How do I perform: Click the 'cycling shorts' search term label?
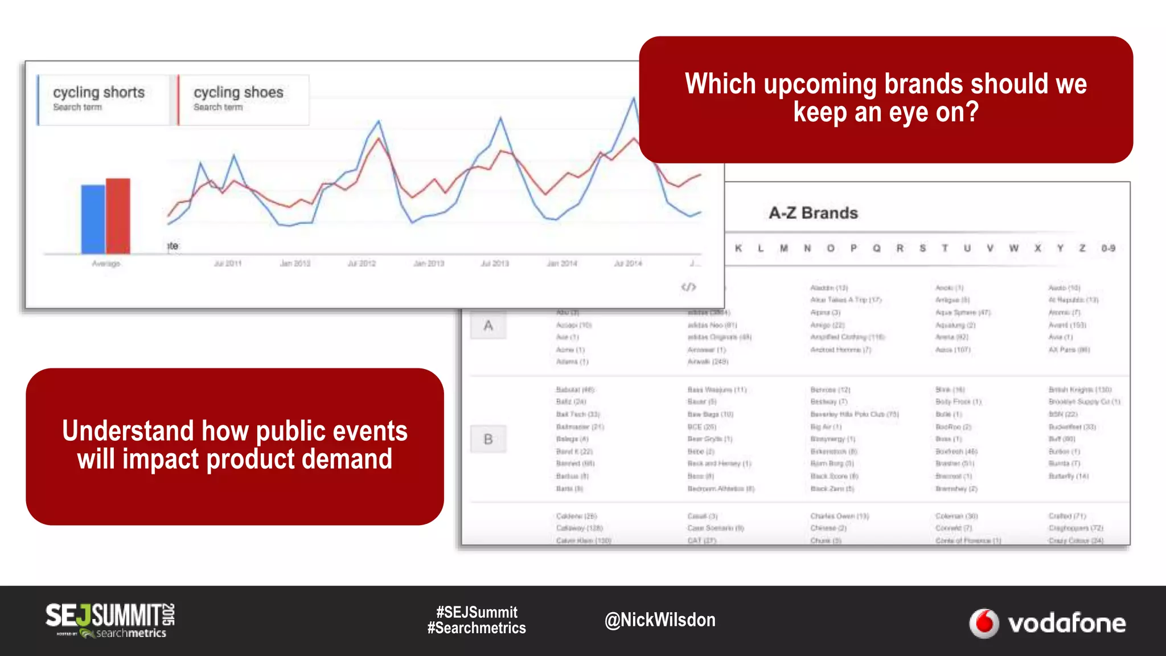click(x=99, y=93)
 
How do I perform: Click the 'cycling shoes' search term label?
click(x=238, y=93)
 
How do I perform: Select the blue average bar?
click(x=92, y=219)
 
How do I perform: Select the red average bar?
click(x=118, y=216)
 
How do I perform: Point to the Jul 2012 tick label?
click(x=362, y=264)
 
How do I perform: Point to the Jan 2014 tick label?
click(x=561, y=264)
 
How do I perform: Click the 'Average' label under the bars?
click(x=106, y=264)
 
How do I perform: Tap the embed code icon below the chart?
click(x=688, y=287)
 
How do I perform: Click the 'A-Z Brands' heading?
click(x=813, y=213)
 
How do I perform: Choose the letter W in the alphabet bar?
click(x=1013, y=248)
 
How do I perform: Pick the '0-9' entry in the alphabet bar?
click(x=1107, y=248)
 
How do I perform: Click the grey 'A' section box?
click(x=488, y=326)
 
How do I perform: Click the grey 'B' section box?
click(x=488, y=439)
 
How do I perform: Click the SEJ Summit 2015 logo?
click(x=110, y=620)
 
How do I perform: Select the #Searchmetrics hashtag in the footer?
click(x=477, y=628)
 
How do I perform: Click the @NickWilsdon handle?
click(x=660, y=620)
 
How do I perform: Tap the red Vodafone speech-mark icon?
click(x=984, y=624)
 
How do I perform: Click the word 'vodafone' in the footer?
click(x=1066, y=624)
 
